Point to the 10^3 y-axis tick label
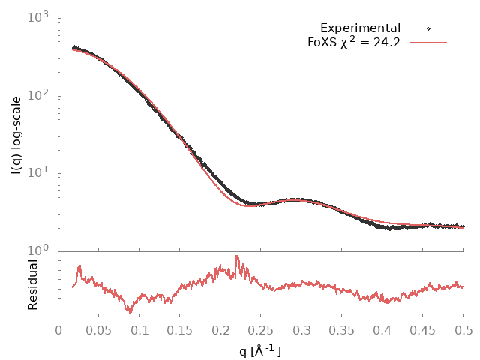37,16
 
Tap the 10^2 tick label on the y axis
37,95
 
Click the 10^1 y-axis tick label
37,173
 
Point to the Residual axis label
33,284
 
